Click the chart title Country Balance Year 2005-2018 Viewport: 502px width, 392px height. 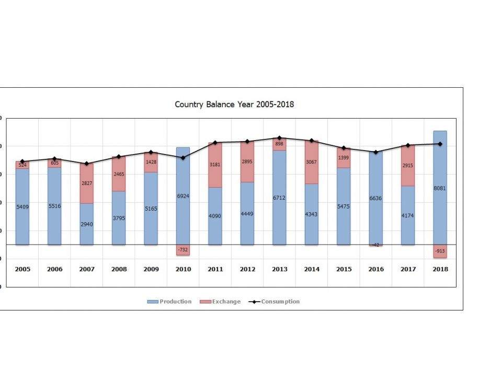tap(234, 105)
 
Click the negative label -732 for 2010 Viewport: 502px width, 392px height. tap(183, 250)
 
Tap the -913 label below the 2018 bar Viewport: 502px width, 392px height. tap(440, 251)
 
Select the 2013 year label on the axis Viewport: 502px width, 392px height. tap(280, 269)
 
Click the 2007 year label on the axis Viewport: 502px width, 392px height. tap(87, 269)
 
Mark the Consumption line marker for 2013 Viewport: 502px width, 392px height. tap(280, 138)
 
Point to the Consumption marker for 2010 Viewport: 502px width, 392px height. tap(183, 157)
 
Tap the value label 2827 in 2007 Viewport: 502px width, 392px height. tap(87, 183)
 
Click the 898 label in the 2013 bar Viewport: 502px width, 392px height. tap(280, 144)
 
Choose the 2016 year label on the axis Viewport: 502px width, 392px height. tap(376, 269)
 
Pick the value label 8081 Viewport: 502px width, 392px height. tap(440, 188)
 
